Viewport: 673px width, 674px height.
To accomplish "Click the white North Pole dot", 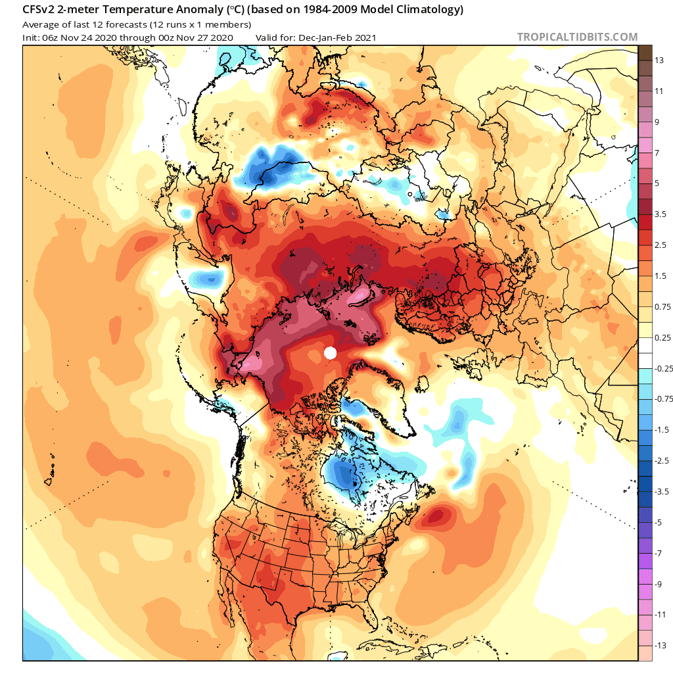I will tap(331, 353).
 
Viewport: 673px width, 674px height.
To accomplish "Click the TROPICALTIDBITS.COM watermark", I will tap(577, 37).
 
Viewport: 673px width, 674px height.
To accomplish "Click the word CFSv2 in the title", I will tap(39, 10).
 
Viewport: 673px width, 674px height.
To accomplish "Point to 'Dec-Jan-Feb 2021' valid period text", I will tap(336, 37).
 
